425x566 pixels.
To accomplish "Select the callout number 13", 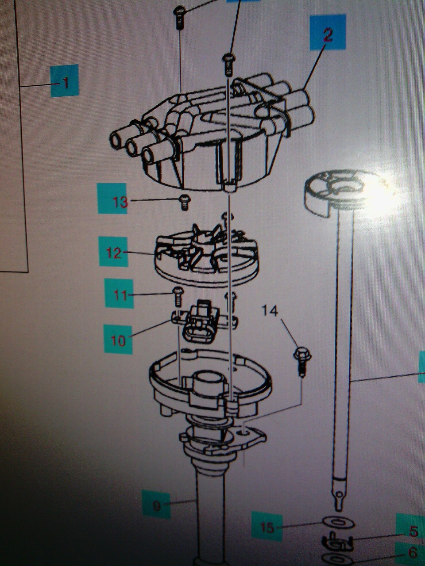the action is [120, 202].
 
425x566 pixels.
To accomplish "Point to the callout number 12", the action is [114, 253].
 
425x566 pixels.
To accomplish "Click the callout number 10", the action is [118, 340].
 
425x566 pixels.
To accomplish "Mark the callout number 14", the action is [270, 311].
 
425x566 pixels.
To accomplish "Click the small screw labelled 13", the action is [185, 203].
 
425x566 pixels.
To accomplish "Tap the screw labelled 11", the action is [178, 297].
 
